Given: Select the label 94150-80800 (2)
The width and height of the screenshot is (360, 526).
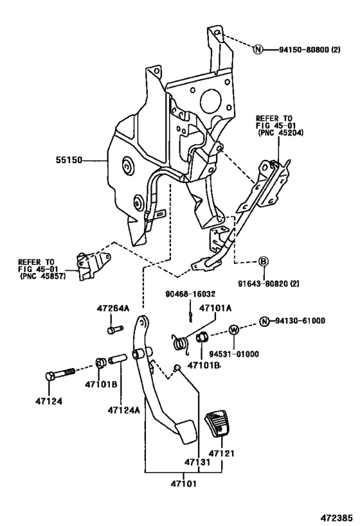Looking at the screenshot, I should tap(309, 49).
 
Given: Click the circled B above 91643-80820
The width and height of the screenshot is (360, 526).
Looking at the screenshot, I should tap(264, 261).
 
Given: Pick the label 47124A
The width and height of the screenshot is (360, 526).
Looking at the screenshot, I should tap(123, 409).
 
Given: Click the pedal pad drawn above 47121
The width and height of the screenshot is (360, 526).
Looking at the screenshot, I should tap(215, 424).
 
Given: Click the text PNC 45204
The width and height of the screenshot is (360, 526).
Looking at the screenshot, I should tap(280, 133).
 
